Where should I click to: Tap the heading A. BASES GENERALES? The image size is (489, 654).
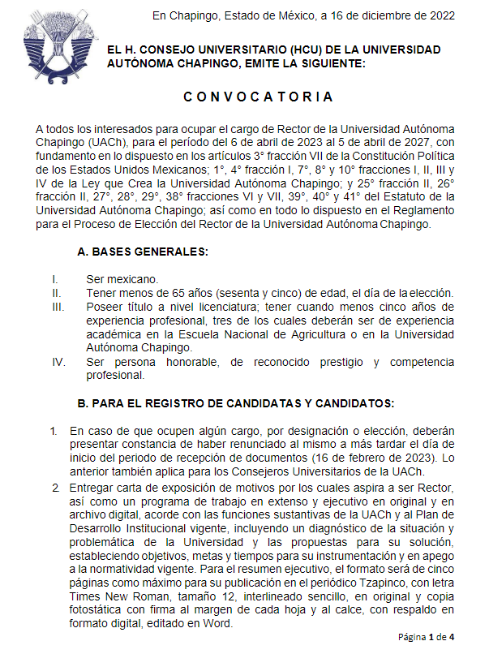pyautogui.click(x=143, y=252)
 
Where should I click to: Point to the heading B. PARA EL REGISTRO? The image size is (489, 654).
pyautogui.click(x=235, y=403)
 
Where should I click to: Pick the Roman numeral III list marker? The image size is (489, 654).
pyautogui.click(x=57, y=308)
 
